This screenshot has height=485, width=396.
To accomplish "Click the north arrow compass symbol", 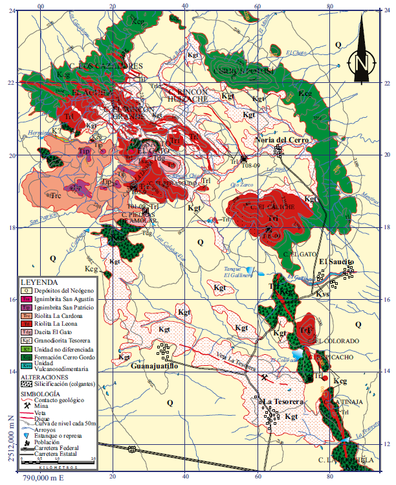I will click(360, 63).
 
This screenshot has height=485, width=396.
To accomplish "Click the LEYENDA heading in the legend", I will click(39, 283).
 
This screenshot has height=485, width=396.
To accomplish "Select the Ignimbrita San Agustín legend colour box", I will click(27, 300).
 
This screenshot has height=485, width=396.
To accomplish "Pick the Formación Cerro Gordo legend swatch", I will click(27, 356).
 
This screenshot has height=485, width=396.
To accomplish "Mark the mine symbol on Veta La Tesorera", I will click(264, 378).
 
